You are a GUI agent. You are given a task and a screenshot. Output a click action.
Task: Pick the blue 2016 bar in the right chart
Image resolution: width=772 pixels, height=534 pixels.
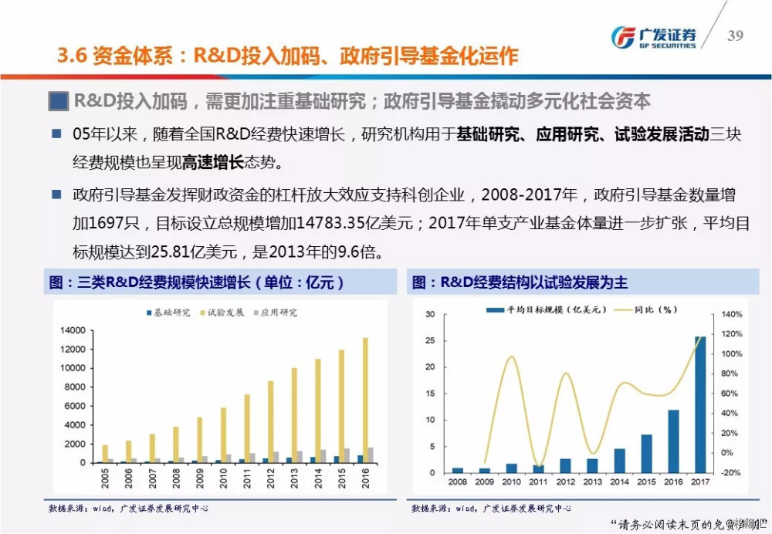[673, 441]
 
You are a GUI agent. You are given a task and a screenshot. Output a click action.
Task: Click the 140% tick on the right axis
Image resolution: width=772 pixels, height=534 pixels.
[732, 314]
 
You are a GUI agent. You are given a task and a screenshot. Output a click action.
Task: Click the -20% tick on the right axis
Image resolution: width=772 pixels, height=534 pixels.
[731, 472]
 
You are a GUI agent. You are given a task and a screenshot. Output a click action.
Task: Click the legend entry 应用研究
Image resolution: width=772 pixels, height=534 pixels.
[274, 313]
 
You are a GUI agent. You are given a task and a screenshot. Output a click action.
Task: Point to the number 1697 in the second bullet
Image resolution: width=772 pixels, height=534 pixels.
[105, 224]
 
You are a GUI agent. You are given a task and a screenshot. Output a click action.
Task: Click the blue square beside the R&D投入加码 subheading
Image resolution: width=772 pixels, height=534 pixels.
[57, 100]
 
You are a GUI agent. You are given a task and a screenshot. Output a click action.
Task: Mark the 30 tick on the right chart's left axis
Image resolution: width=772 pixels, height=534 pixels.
[430, 314]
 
